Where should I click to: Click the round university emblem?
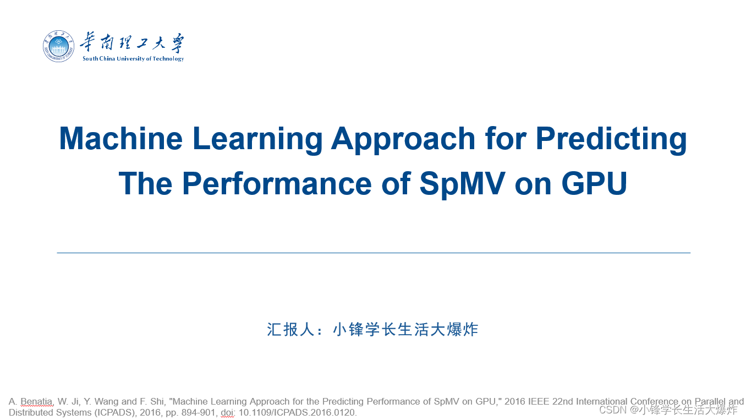coord(58,47)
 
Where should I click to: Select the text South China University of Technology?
coord(133,59)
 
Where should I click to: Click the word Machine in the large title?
coord(121,138)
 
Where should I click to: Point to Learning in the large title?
coord(257,138)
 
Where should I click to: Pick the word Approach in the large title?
coord(403,138)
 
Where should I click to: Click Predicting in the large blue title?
coord(611,138)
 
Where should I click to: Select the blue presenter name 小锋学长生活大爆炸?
coord(405,330)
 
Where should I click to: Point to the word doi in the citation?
coord(227,412)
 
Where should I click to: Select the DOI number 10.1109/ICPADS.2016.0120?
coord(297,412)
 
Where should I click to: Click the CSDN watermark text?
coord(613,410)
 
